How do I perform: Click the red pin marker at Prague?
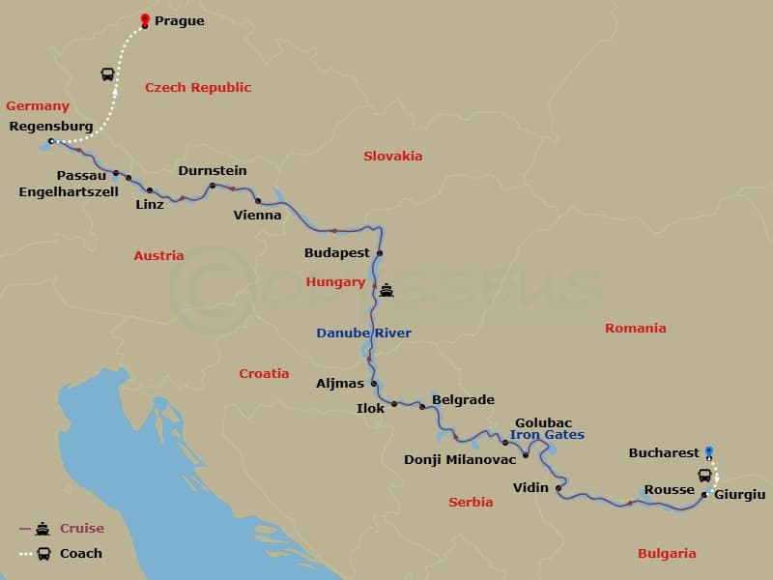point(145,19)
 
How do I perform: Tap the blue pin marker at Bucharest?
point(709,450)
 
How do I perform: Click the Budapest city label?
point(337,252)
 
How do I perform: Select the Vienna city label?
point(258,215)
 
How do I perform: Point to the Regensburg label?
point(50,126)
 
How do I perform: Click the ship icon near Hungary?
point(386,289)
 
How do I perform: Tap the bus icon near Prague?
point(107,74)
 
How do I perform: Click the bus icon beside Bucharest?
point(705,475)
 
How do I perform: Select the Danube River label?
point(364,333)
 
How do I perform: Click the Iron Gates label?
point(547,435)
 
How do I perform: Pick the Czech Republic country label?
point(198,87)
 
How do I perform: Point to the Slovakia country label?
point(393,156)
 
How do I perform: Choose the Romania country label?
point(636,328)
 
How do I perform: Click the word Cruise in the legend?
point(82,529)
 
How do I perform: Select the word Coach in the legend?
point(81,554)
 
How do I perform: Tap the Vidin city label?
point(531,488)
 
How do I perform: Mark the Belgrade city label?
point(463,399)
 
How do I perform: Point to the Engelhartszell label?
point(69,191)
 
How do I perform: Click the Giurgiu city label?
point(739,494)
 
